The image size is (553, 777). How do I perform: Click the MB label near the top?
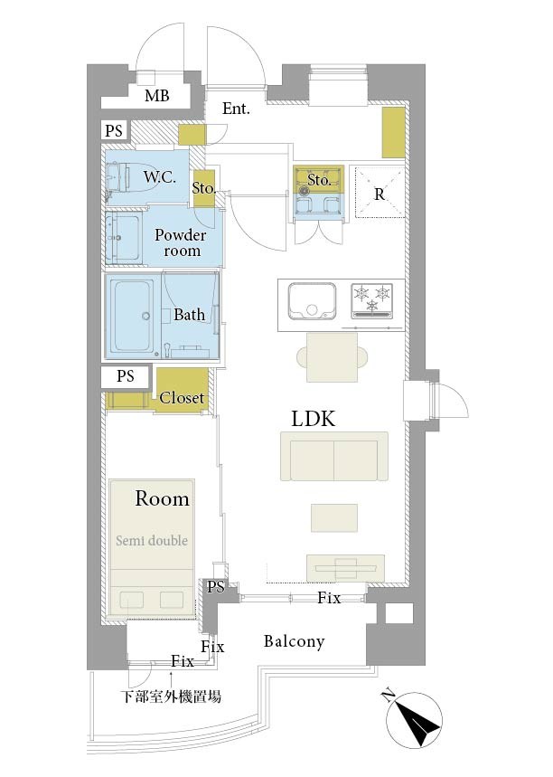pos(157,96)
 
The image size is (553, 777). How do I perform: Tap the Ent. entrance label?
pos(236,109)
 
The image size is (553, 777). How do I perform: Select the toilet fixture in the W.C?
pos(117,178)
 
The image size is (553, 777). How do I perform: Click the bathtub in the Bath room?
pos(132,316)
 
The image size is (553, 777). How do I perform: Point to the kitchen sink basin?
pos(312,301)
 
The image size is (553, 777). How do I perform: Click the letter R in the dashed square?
pos(380,194)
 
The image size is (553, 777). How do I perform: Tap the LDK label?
pos(313,419)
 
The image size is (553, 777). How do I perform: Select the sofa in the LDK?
pos(334,456)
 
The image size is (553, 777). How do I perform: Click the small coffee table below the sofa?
pos(334,518)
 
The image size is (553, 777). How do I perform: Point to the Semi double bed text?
pos(152,540)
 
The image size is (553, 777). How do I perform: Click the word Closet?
pos(182,397)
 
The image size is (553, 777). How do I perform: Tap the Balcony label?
pos(294,641)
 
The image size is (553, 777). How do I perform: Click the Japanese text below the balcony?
pos(172,696)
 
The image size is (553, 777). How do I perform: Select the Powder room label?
pos(181,242)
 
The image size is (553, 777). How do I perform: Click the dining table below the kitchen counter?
pos(333,357)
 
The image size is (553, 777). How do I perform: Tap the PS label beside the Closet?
pos(126,376)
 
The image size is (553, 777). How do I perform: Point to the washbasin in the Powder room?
pos(122,238)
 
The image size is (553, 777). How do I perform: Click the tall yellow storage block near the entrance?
pos(394,133)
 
